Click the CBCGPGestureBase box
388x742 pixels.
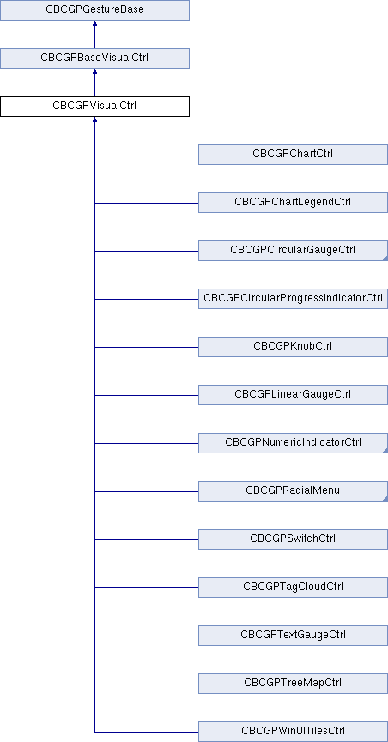coord(94,10)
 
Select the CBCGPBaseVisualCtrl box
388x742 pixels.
coord(94,58)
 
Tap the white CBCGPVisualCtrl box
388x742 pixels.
coord(94,106)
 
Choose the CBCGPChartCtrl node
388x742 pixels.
coord(293,155)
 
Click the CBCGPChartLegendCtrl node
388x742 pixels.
coord(293,203)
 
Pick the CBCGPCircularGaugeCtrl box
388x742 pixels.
coord(293,250)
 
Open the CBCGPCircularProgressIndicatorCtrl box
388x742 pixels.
coord(293,299)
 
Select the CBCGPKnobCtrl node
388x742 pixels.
coord(293,347)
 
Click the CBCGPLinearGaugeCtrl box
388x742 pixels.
coord(293,395)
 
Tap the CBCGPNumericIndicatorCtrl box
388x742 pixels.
coord(293,443)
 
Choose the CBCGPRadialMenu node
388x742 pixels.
coord(293,491)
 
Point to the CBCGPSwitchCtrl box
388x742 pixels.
coord(293,539)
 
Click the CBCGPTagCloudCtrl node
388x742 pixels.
coord(293,587)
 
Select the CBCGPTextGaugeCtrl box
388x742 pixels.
coord(293,636)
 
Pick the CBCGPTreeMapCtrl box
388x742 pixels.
coord(293,684)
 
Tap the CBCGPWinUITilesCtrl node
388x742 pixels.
coord(293,732)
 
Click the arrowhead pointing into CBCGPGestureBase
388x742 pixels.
coord(94,23)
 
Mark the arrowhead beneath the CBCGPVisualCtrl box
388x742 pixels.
coord(94,119)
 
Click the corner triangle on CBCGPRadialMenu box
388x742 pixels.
coord(385,499)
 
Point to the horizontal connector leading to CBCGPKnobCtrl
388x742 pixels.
coord(147,347)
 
